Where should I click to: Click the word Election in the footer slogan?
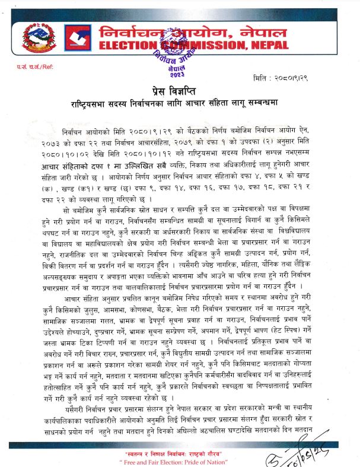tap(169, 460)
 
